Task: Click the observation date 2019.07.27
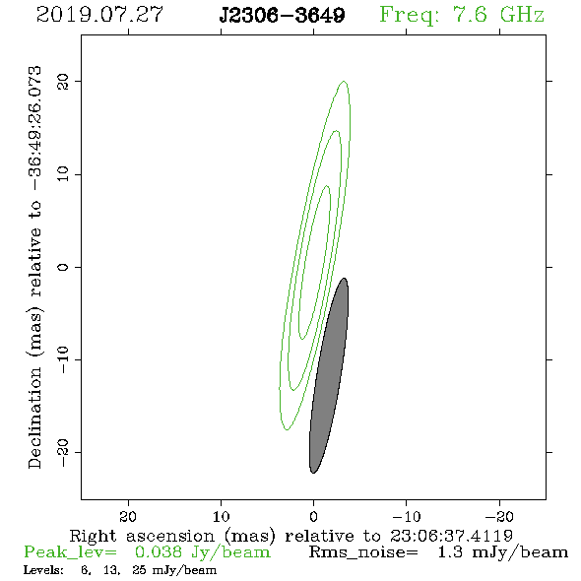coord(99,15)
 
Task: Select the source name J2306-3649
coord(282,16)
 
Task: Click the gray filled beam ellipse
coord(329,375)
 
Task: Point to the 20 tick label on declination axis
coord(63,82)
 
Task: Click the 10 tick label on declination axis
coord(63,174)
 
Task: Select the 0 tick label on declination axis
coord(63,267)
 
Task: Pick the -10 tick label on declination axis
coord(63,359)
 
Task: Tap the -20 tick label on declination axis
coord(63,452)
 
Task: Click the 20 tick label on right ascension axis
coord(128,516)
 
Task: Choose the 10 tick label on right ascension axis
coord(222,516)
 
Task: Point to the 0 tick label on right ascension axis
coord(314,516)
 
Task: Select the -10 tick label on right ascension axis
coord(407,516)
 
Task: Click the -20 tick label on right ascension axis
coord(499,516)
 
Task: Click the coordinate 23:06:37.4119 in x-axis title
coord(451,536)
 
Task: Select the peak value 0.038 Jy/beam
coord(202,552)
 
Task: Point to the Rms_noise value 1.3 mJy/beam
coord(502,552)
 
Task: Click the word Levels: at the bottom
coord(43,570)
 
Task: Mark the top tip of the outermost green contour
coord(345,81)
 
